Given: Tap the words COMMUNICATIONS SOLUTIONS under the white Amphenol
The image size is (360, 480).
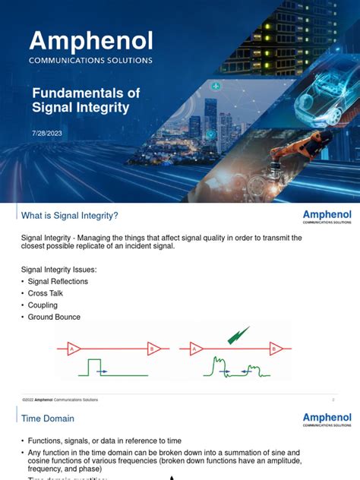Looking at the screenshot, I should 91,60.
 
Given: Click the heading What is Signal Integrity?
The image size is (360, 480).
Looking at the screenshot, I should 70,216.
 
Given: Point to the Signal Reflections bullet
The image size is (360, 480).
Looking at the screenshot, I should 58,281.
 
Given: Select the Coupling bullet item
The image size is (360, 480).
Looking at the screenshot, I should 43,305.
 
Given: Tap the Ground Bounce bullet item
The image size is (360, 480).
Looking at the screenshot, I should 53,317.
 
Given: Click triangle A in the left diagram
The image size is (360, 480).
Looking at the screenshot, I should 74,349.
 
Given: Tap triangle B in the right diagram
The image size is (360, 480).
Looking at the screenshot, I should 276,349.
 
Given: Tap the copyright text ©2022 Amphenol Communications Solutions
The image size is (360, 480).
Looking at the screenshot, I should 61,399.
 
